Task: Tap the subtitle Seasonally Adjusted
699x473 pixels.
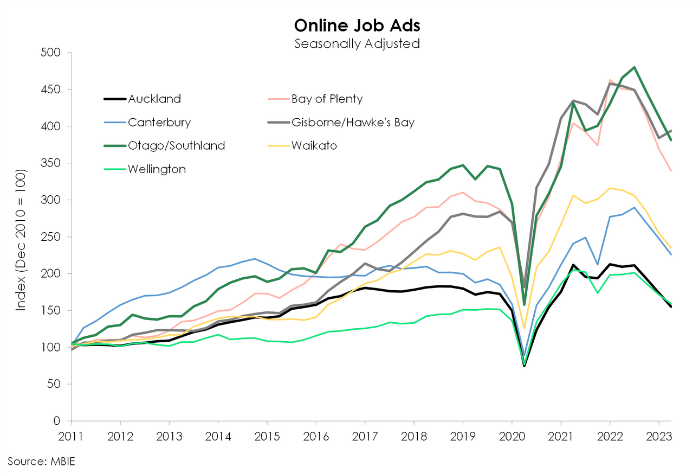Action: pos(357,43)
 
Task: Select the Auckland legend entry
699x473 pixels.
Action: pos(154,99)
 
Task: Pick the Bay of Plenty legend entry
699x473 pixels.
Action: pos(327,99)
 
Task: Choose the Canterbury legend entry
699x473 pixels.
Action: pos(159,122)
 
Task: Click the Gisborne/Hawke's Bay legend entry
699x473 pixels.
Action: pos(353,122)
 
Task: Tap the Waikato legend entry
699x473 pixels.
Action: pos(314,145)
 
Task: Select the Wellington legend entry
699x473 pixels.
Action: pos(157,169)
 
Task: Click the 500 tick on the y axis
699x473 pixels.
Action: pos(53,53)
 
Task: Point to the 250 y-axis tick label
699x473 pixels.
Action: pos(53,237)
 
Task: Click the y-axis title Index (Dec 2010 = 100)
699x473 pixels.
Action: pos(21,237)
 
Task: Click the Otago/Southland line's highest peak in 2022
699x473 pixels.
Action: pos(634,67)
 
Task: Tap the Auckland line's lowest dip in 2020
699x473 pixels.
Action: pos(524,366)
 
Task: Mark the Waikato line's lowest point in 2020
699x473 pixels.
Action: pos(524,328)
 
